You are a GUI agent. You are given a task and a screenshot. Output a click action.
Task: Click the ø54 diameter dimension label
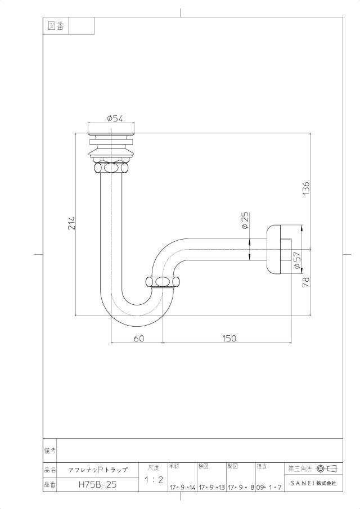point(115,119)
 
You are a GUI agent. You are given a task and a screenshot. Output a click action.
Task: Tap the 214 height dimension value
point(71,223)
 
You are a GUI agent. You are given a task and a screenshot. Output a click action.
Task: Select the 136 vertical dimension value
point(306,188)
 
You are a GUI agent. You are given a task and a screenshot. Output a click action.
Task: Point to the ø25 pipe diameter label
point(245,220)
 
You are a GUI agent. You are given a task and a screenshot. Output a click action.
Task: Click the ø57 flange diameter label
point(297,260)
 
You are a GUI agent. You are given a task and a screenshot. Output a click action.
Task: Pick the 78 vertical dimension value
point(306,282)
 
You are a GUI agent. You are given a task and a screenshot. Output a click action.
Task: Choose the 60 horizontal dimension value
point(138,338)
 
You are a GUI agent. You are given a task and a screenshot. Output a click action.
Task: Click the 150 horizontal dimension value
point(229,338)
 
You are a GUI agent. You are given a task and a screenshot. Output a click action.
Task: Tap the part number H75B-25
point(97,485)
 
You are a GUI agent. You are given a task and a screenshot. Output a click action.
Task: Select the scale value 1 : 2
point(154,480)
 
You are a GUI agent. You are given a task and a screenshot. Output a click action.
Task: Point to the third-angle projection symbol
point(327,469)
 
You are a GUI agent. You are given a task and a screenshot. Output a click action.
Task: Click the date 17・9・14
point(182,488)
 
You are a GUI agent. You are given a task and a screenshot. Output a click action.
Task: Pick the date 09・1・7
point(269,488)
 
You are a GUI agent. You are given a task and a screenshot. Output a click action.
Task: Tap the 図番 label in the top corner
point(56,26)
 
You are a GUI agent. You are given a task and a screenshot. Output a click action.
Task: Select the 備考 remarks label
point(49,451)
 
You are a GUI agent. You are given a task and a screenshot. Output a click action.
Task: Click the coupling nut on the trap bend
point(163,281)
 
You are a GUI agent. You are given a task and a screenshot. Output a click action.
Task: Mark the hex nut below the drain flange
point(111,168)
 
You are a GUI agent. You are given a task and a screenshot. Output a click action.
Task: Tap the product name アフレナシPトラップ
point(98,470)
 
